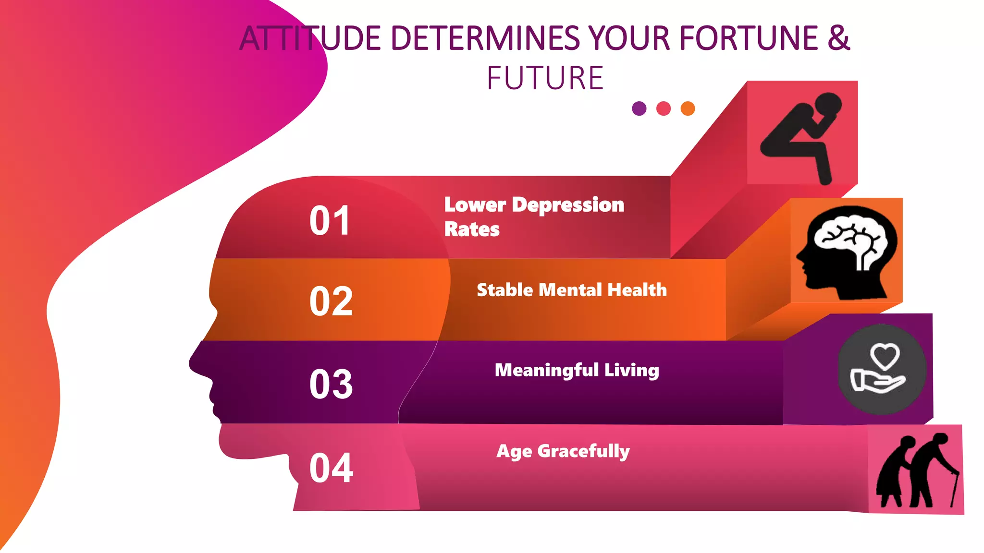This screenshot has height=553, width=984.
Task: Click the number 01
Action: click(x=330, y=221)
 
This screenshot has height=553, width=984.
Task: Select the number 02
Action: click(x=331, y=301)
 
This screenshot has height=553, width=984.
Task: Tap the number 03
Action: click(x=331, y=384)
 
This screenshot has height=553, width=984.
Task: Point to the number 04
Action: click(x=332, y=468)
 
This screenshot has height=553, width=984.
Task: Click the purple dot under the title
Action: click(x=639, y=108)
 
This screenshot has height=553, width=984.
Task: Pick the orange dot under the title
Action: click(x=688, y=108)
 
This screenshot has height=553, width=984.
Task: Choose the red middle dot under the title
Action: click(x=664, y=108)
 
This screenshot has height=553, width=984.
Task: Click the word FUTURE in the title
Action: click(x=545, y=78)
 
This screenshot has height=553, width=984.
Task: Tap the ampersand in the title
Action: click(x=838, y=38)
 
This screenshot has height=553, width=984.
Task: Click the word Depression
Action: click(x=568, y=205)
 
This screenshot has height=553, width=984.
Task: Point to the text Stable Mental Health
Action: click(x=572, y=290)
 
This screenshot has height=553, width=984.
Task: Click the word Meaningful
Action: click(x=547, y=370)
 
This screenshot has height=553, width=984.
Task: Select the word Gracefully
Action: click(x=583, y=451)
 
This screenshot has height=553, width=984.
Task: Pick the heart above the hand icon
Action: click(x=885, y=356)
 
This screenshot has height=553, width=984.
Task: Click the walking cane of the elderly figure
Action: click(x=954, y=490)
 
